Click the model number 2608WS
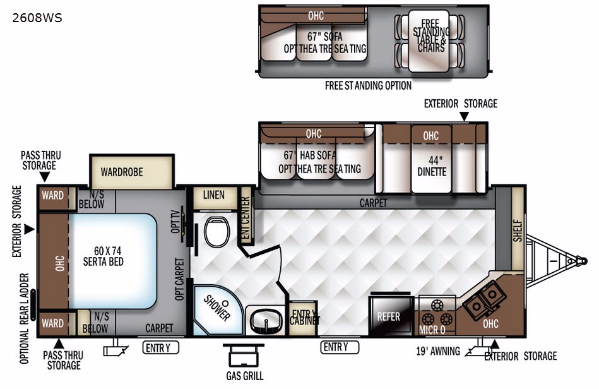pos(37,18)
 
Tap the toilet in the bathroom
pos(216,232)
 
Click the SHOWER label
pos(216,308)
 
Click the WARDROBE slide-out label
pos(122,172)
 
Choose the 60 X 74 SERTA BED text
pos(104,256)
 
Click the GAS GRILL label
pos(245,376)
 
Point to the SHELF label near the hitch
pos(518,230)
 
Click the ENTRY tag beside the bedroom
pos(161,348)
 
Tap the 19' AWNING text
pos(438,350)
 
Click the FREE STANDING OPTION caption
pos(368,86)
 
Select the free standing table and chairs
pos(429,41)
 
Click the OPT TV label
pos(175,221)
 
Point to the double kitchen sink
pos(484,301)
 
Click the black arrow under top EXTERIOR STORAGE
pos(464,117)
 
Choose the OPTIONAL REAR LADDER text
pos(25,318)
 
